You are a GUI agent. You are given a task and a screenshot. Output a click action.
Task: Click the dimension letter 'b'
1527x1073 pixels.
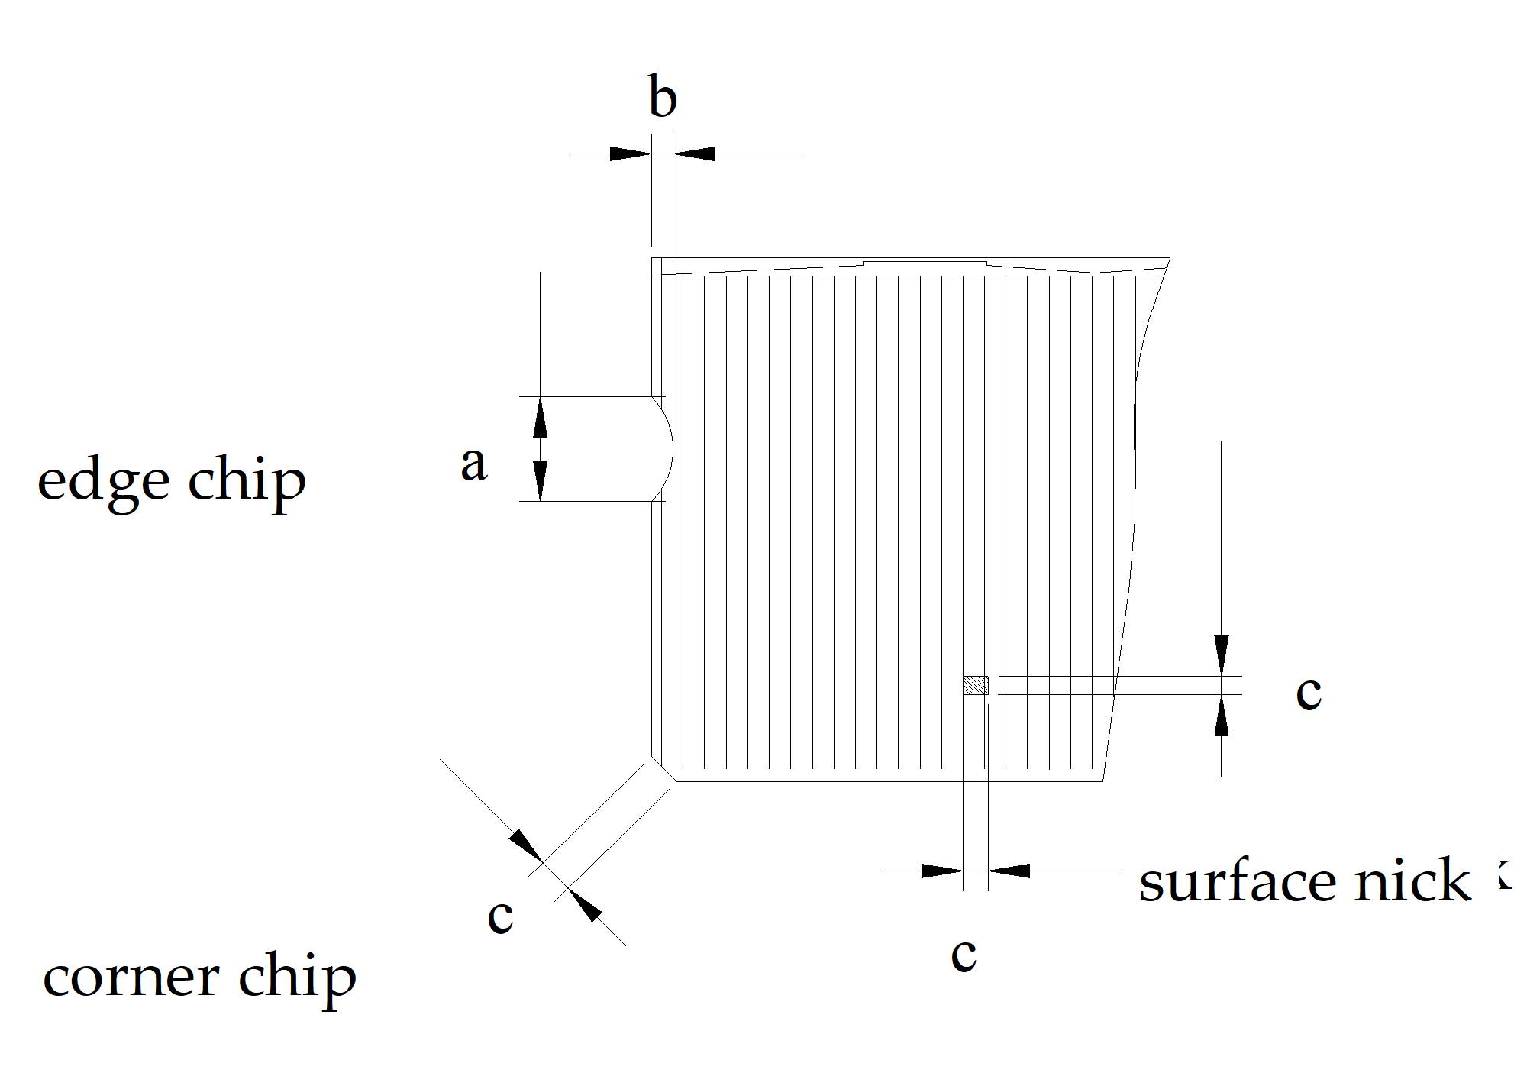coord(662,98)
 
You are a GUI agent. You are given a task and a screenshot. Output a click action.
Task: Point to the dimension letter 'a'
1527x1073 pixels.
coord(473,464)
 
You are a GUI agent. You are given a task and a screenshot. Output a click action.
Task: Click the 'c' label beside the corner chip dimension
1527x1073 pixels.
coord(500,916)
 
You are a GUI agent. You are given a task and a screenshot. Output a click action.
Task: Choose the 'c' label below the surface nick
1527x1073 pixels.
coord(964,955)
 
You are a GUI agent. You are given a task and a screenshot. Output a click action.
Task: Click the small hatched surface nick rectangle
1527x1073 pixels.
coord(975,685)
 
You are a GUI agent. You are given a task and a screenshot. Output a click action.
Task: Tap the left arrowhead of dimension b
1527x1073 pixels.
coord(630,154)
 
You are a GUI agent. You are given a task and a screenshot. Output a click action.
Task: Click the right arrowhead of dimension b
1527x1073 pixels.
coord(694,154)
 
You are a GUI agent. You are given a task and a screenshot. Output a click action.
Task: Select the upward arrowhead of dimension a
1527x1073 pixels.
coord(540,416)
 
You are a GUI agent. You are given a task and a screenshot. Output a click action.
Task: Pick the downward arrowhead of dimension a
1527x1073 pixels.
coord(540,481)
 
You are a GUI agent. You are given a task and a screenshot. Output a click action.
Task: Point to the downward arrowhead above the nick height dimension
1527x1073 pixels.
coord(1221,655)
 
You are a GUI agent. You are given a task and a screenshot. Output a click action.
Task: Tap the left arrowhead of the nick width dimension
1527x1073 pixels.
coord(941,871)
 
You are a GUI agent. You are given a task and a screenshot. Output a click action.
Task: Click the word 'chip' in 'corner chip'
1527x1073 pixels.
coord(297,978)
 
